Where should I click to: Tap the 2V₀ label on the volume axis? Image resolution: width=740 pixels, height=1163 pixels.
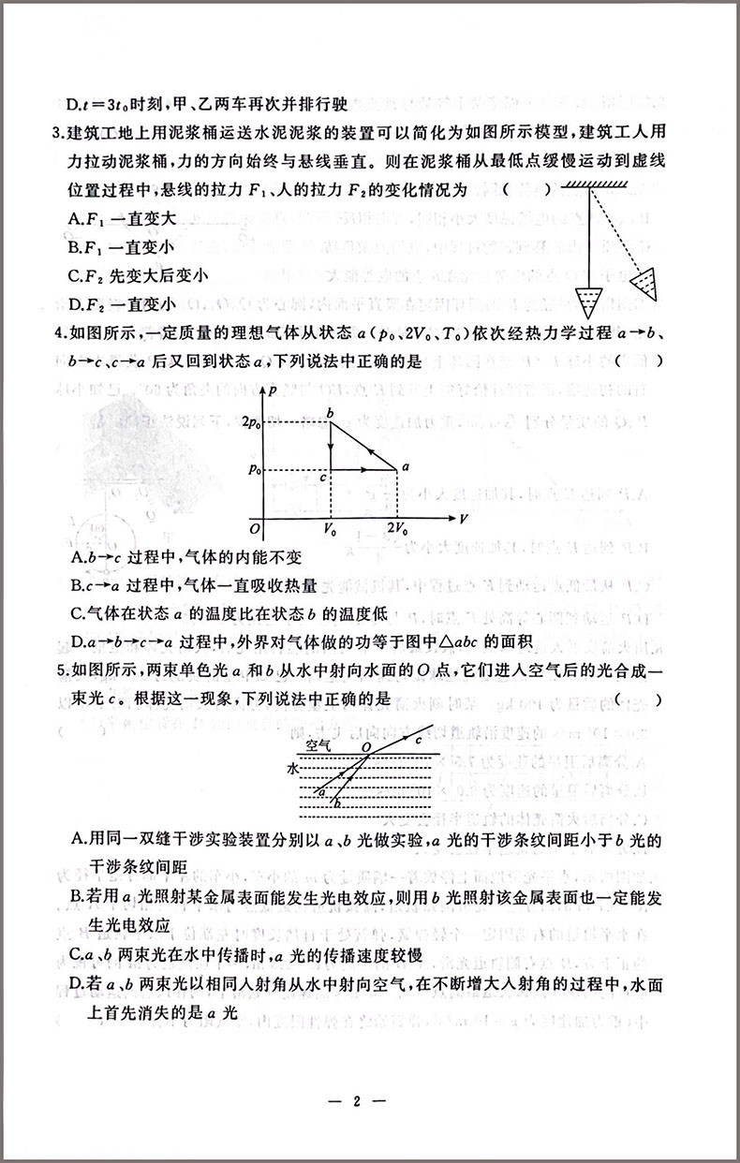pyautogui.click(x=397, y=530)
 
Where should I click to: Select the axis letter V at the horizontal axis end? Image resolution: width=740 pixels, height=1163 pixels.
pyautogui.click(x=463, y=516)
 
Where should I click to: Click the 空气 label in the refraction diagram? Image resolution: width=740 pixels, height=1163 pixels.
pyautogui.click(x=319, y=745)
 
